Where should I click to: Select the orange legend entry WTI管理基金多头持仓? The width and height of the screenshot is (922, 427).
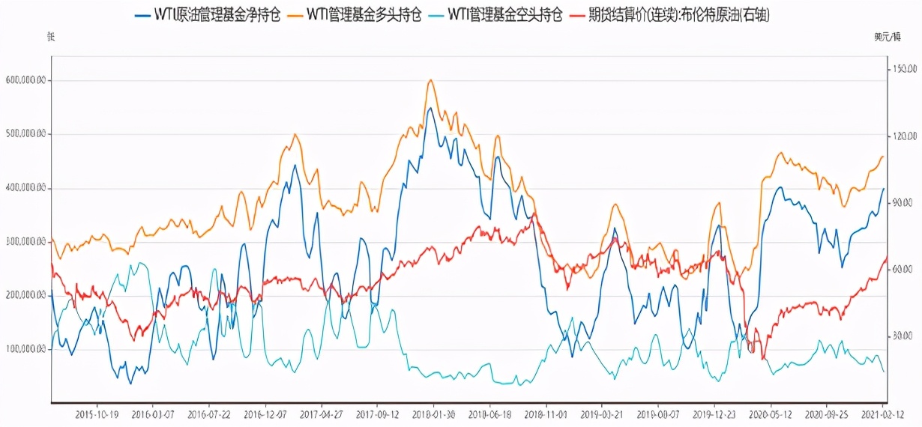coord(364,15)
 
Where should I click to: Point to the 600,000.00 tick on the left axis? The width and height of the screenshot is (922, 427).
coord(25,80)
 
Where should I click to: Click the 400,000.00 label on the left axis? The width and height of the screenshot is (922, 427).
coord(25,188)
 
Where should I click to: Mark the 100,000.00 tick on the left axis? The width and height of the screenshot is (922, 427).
coord(25,349)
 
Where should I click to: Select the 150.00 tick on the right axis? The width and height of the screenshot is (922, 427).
coord(902,69)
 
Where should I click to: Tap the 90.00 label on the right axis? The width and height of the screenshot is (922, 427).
coord(900,202)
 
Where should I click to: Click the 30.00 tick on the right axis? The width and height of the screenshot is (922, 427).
coord(900,336)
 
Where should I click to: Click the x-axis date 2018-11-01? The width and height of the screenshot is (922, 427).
coord(546,414)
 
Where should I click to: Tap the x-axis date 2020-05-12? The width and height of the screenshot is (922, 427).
coord(771,414)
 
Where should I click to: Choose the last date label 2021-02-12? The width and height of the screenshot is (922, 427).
coord(882,414)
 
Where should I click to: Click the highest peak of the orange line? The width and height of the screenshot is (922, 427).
coord(430,80)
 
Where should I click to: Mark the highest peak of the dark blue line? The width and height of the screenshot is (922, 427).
coord(430,108)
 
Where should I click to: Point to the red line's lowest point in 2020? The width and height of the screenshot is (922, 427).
coord(764,359)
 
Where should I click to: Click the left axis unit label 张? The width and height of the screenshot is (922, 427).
coord(51,36)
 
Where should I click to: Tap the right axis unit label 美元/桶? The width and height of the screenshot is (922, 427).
coord(887,36)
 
